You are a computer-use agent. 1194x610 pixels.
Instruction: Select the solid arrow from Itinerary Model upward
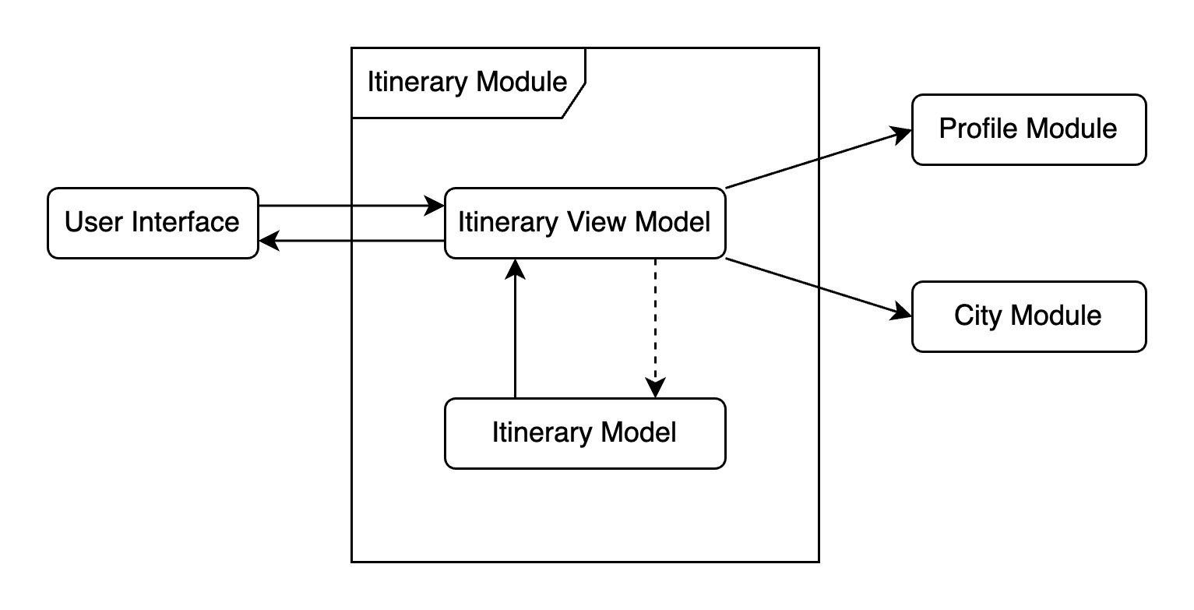(515, 335)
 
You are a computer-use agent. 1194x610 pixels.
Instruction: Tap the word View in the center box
(605, 222)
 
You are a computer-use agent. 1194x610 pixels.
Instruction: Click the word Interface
(185, 222)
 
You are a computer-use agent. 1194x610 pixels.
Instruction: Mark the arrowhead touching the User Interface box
(269, 242)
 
